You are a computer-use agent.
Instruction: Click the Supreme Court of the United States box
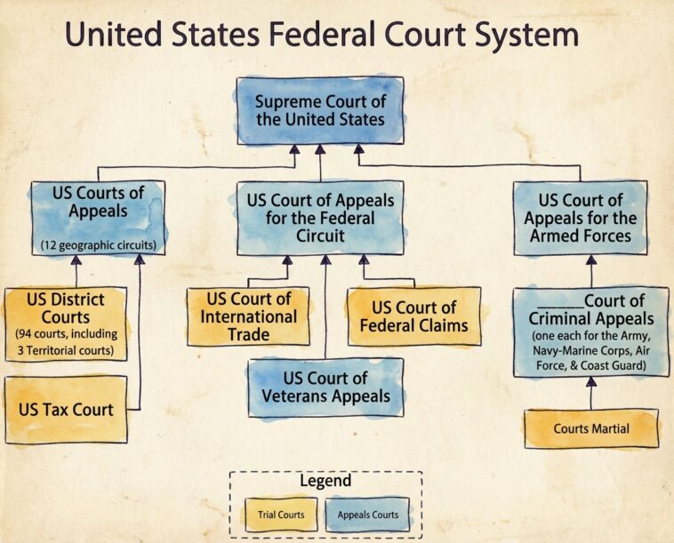[319, 110]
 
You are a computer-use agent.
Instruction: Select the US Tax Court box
[66, 410]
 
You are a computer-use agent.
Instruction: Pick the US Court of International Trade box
[248, 316]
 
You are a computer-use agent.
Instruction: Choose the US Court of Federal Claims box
[413, 316]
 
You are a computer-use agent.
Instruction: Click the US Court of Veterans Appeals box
[325, 387]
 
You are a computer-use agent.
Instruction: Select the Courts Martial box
[591, 428]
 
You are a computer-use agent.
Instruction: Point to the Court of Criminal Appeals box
[591, 331]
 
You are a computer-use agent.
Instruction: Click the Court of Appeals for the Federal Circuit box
[319, 218]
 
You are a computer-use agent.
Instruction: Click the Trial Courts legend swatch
[283, 514]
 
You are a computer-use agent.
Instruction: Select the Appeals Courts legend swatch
[367, 514]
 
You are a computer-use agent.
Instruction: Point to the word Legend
[325, 481]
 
